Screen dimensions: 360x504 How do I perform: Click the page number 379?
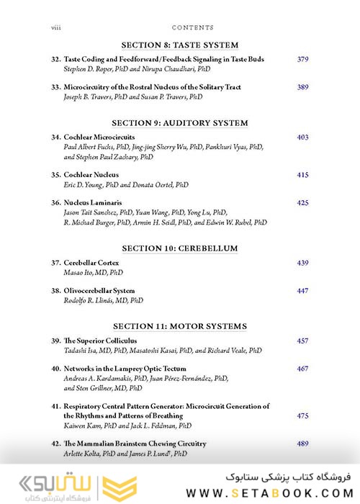[302, 59]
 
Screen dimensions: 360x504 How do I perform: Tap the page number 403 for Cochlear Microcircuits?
[302, 137]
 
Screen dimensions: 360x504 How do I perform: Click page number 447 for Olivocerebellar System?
[302, 291]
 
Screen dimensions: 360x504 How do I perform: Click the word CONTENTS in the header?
[193, 27]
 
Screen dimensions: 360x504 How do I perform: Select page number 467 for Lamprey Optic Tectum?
[302, 369]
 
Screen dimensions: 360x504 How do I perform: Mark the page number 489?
[302, 444]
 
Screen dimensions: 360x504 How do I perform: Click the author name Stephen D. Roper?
[92, 69]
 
